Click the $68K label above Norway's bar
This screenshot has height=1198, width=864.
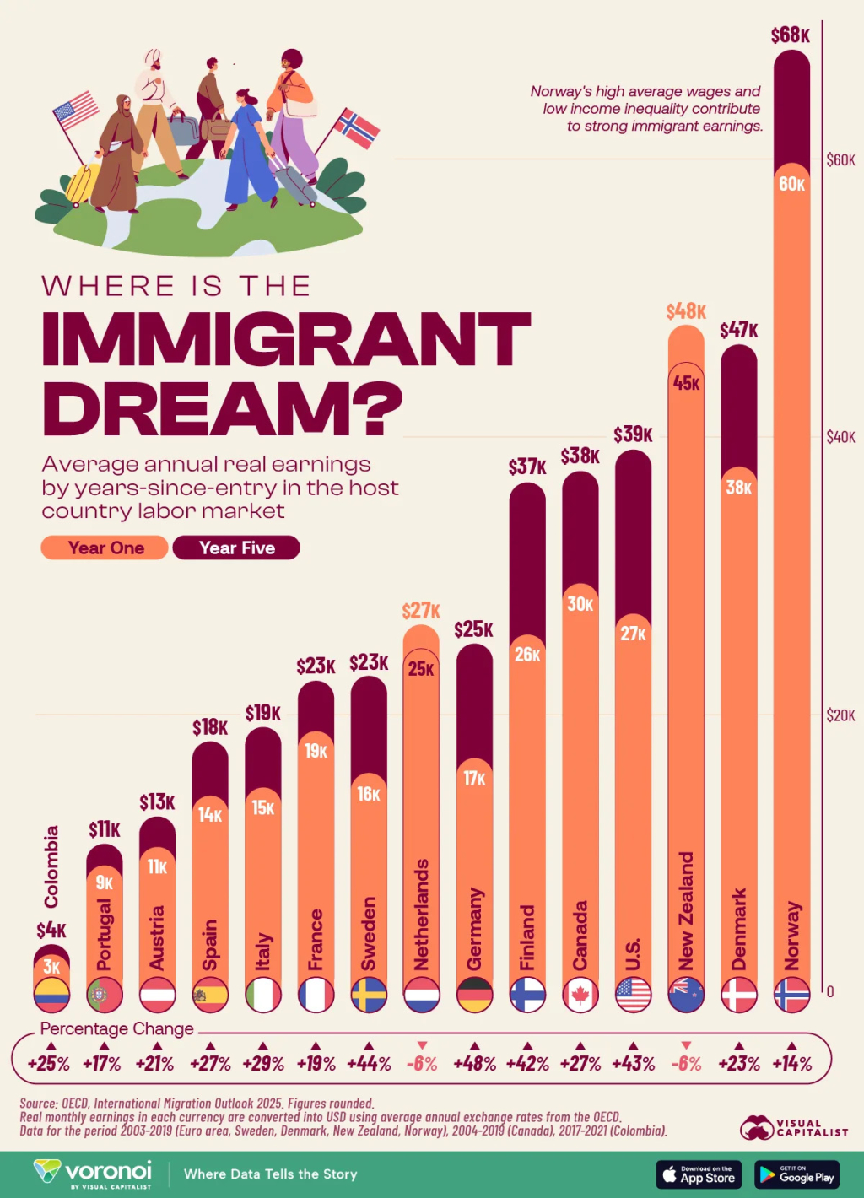pos(790,35)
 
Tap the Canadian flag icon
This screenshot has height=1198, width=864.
pos(580,995)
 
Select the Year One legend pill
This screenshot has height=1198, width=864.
pos(105,548)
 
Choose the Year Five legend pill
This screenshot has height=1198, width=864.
pos(236,548)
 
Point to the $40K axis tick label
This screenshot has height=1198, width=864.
pos(840,437)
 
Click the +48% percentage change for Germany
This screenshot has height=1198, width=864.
pos(474,1063)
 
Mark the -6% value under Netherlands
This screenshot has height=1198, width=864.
pos(422,1063)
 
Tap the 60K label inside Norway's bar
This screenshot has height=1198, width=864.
pos(791,184)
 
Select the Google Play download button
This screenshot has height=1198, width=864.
pos(796,1174)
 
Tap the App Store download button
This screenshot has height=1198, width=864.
pos(699,1174)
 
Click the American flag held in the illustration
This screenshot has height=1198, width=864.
pos(76,110)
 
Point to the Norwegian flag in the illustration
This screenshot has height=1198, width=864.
pos(357,128)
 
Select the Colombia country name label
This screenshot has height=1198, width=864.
pos(51,866)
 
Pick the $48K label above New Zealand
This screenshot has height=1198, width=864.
pos(685,311)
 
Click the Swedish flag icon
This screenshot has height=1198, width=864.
pos(369,995)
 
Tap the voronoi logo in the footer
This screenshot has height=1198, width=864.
pos(94,1173)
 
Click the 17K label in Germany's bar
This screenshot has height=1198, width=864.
pos(474,778)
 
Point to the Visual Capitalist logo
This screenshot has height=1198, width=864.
pos(794,1128)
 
